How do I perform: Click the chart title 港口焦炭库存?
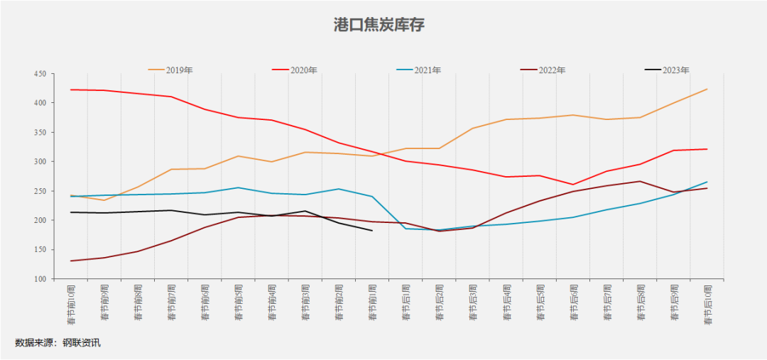tap(379, 25)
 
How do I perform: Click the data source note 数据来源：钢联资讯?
tap(58, 343)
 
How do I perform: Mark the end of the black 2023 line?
tap(372, 230)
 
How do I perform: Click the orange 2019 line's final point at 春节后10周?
tap(707, 89)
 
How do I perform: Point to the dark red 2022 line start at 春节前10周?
tap(71, 261)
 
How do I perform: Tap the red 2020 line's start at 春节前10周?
tap(71, 89)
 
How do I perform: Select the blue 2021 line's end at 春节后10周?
tap(707, 182)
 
